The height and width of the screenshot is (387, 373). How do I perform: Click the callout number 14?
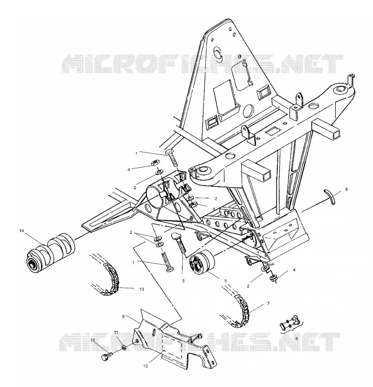coord(22,231)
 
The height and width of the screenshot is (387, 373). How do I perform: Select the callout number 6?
coord(346,189)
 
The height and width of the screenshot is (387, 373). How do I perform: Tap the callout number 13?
coord(142,289)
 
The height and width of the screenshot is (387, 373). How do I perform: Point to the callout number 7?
coord(269,303)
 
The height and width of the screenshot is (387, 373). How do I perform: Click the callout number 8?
coord(296,339)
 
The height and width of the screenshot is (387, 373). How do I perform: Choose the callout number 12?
coord(146,366)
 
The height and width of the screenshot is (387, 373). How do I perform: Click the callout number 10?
coord(93,340)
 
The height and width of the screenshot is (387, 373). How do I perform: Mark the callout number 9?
coord(123,316)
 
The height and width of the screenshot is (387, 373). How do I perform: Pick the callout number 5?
coord(226,281)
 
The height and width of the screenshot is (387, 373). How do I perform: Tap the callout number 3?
coord(183,281)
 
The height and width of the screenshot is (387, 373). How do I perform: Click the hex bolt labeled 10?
coord(107,356)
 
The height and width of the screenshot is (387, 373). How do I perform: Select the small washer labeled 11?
coord(124,348)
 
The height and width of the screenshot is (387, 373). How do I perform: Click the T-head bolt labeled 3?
coord(179,242)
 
